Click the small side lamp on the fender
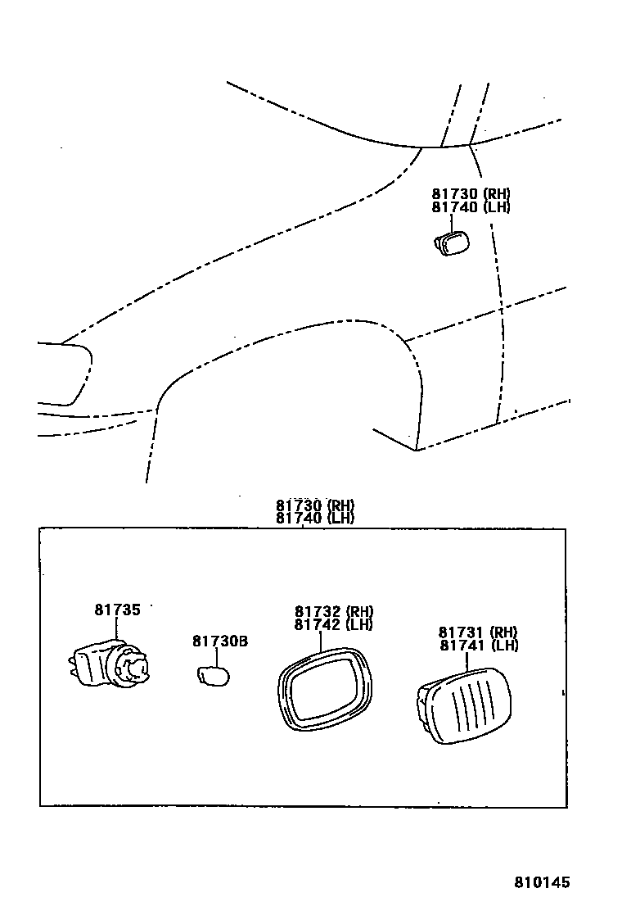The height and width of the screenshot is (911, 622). (x=448, y=243)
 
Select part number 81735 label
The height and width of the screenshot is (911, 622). (x=117, y=610)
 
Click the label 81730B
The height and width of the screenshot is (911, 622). (x=220, y=641)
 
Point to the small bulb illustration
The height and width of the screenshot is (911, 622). (x=213, y=677)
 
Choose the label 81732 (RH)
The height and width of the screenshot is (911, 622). (x=333, y=611)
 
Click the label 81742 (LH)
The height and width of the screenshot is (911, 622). (x=333, y=624)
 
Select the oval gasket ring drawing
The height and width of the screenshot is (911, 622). (x=323, y=688)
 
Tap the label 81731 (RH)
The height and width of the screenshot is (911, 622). (x=478, y=632)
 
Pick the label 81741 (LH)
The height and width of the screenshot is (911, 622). (x=478, y=646)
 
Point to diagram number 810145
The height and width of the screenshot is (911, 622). (x=542, y=882)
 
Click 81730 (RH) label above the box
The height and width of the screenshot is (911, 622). (x=314, y=505)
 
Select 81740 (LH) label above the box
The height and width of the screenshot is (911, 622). (x=314, y=519)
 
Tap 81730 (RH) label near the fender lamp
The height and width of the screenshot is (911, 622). (x=471, y=194)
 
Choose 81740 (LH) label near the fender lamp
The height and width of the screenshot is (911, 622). (x=471, y=207)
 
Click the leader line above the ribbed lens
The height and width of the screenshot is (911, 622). (x=467, y=662)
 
